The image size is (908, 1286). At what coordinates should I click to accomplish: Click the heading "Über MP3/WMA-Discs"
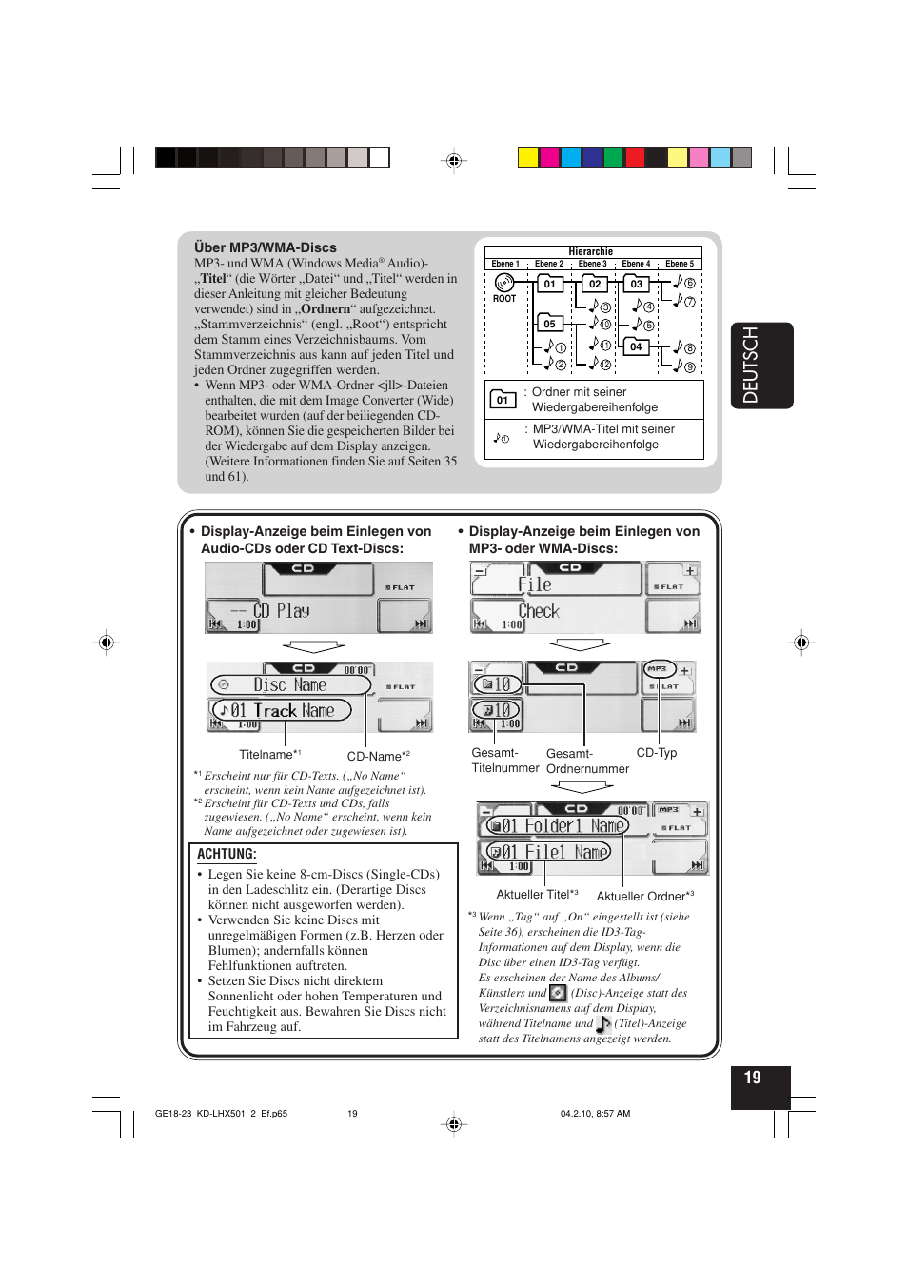point(266,247)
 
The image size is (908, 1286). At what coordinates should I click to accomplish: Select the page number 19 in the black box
point(753,1078)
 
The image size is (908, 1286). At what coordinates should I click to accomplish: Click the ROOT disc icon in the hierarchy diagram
point(504,283)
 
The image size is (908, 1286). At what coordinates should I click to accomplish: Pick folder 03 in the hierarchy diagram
point(636,284)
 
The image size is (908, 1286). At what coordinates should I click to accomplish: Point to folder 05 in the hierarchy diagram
point(549,324)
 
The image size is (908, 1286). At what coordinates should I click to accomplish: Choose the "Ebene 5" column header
point(680,264)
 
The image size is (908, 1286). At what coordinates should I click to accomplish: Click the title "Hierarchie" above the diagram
point(590,252)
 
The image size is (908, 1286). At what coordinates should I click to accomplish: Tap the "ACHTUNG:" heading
point(227,854)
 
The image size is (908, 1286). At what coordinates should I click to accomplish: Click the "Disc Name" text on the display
point(290,684)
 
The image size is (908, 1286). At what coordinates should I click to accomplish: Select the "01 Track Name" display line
point(283,710)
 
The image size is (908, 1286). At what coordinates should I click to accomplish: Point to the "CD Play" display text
point(281,611)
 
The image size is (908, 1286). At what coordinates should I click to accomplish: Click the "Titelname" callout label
point(266,755)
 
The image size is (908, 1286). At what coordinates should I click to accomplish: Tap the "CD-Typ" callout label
point(657,752)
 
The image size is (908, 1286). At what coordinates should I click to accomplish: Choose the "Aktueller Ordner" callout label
point(642,896)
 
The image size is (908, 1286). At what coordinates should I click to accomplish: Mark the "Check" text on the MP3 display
point(539,611)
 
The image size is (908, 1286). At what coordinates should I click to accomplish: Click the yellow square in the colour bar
point(528,157)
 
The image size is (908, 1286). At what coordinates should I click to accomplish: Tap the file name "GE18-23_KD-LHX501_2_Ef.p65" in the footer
point(221,1113)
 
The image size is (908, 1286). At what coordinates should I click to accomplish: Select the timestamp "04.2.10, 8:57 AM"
point(595,1113)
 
